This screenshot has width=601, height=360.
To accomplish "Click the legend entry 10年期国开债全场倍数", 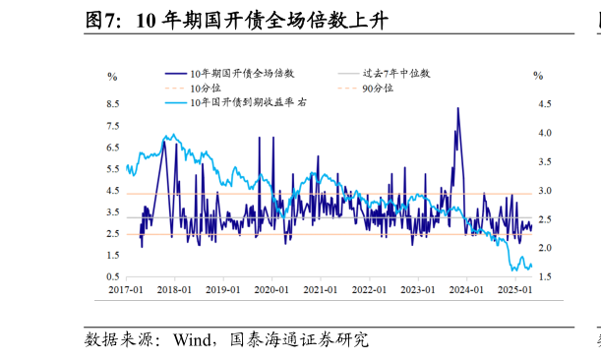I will (241, 74).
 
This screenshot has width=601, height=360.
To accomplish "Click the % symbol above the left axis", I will (111, 76).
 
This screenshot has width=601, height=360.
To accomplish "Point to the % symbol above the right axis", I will (537, 76).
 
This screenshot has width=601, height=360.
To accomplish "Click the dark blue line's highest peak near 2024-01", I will (457, 108).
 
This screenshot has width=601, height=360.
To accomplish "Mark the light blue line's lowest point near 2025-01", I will (514, 270).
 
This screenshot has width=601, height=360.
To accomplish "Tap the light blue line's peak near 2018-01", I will (173, 135).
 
